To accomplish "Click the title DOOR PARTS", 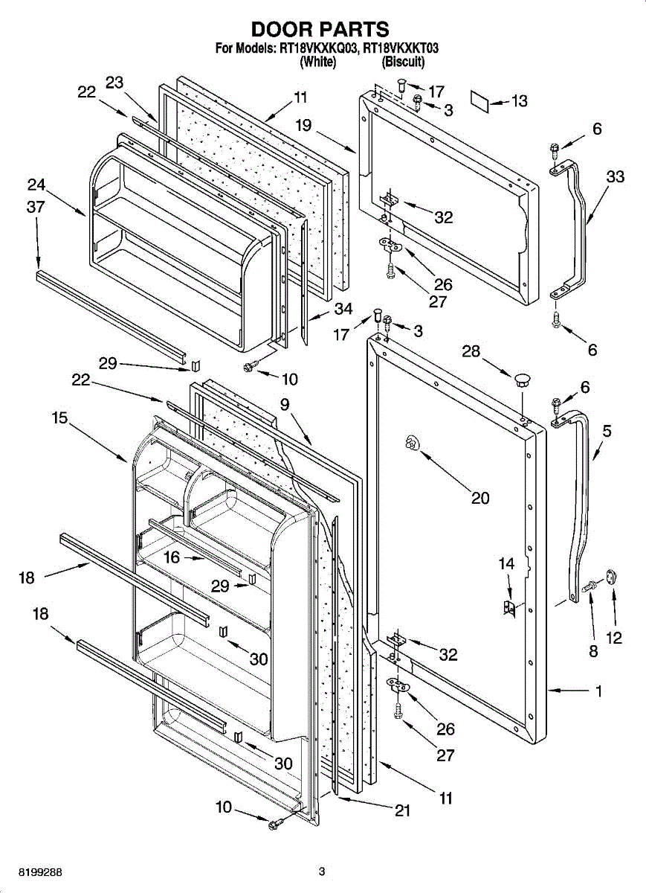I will (320, 29).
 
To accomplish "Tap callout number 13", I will (519, 101).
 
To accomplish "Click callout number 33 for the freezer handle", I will (615, 177).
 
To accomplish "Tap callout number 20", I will (480, 498).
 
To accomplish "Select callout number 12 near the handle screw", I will (614, 638).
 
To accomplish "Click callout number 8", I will (593, 651).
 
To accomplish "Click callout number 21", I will (402, 811).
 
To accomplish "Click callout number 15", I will (60, 418).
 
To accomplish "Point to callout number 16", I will (172, 557).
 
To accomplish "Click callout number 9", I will (285, 405).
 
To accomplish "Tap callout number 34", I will (343, 307).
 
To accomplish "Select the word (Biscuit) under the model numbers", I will (403, 63).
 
